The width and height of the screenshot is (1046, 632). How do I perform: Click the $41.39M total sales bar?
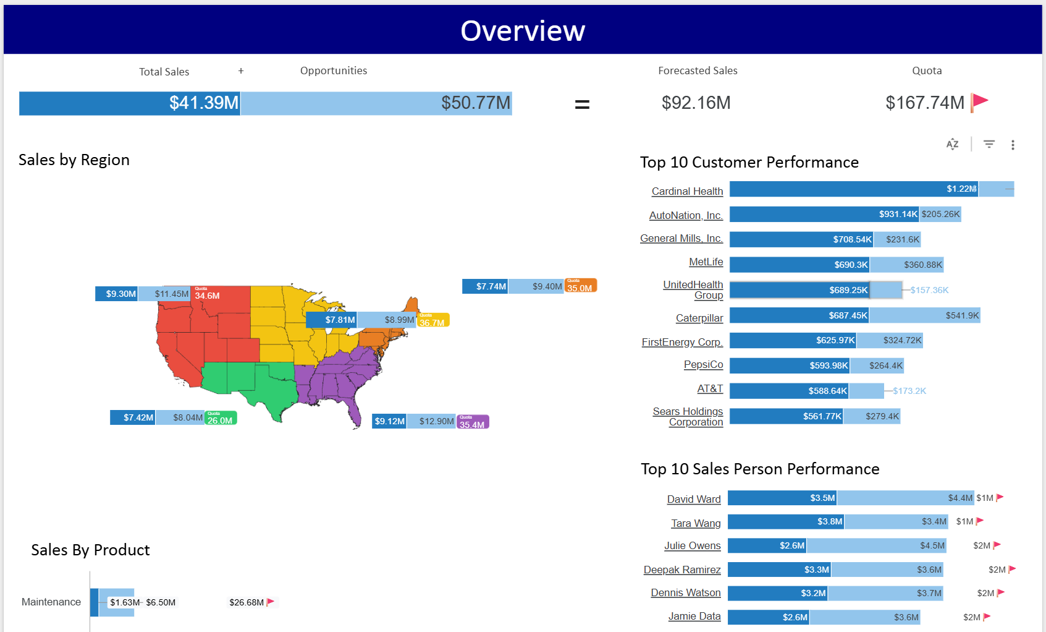click(129, 103)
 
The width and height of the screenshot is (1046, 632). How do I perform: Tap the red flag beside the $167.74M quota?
click(979, 101)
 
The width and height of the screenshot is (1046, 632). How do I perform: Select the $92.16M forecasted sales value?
click(696, 103)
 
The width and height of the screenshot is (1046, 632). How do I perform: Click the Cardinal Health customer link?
click(687, 191)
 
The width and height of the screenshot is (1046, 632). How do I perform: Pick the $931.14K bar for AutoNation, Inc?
click(824, 214)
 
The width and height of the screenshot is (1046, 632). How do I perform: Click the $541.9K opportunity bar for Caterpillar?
click(924, 315)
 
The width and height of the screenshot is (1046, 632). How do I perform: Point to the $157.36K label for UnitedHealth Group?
click(929, 290)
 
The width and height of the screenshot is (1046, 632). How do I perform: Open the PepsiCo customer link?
click(703, 364)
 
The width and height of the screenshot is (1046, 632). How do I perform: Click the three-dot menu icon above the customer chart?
click(1013, 145)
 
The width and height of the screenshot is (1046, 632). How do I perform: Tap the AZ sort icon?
click(952, 144)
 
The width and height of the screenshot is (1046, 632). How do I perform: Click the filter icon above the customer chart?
click(989, 144)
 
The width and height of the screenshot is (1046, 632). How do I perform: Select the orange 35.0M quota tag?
click(581, 286)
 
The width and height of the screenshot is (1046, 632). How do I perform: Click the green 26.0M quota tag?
click(221, 418)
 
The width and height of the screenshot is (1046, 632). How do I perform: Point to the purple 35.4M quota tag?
click(473, 422)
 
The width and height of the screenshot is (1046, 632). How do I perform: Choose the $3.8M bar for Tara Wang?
click(786, 522)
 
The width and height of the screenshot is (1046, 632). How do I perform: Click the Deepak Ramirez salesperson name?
click(682, 570)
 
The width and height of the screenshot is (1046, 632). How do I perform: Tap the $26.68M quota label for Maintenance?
click(247, 602)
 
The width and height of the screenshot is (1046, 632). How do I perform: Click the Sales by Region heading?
click(74, 160)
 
